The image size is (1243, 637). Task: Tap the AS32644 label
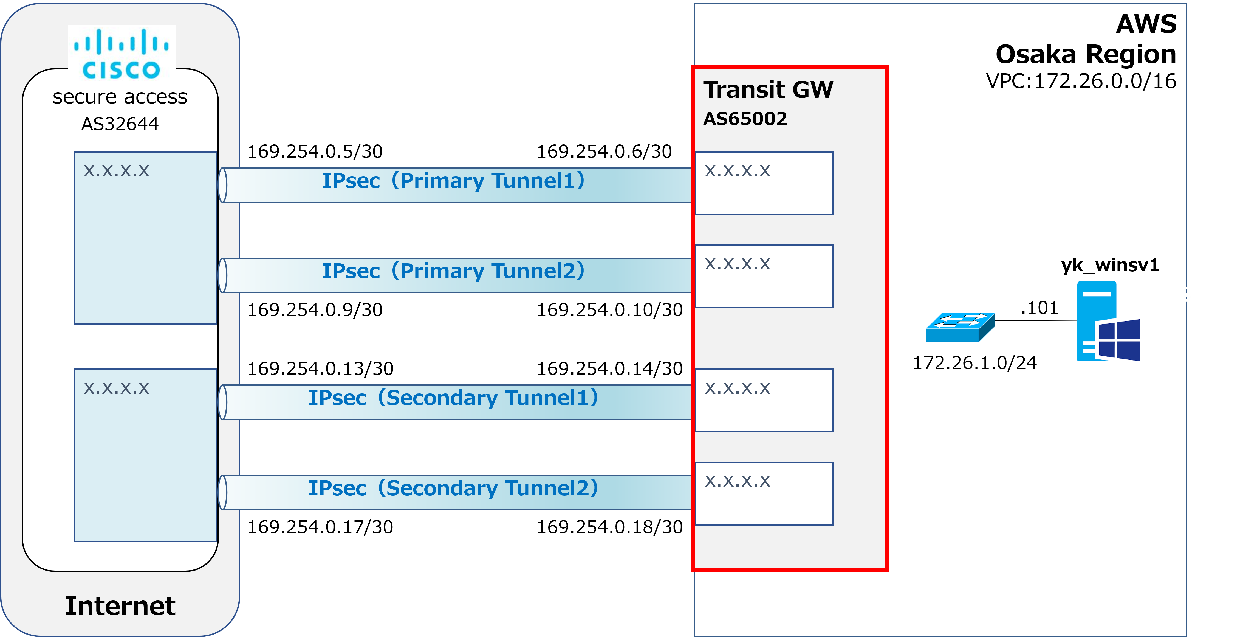[120, 124]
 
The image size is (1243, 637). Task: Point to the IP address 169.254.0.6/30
[604, 152]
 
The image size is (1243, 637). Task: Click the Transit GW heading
[768, 90]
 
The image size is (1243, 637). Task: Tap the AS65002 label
[745, 119]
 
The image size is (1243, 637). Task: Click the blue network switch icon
[960, 327]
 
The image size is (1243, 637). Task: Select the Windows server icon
[1108, 321]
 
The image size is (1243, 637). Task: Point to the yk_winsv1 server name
[1110, 266]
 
